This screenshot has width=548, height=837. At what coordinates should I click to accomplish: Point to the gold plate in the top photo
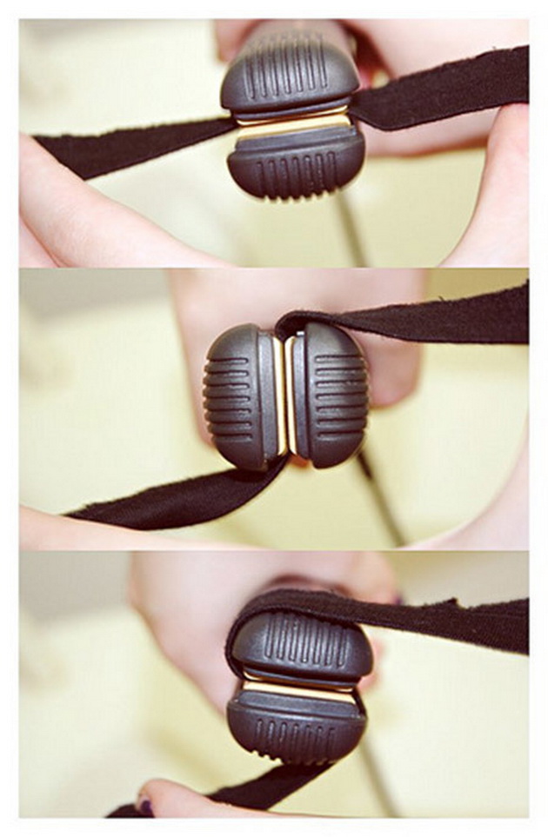[292, 124]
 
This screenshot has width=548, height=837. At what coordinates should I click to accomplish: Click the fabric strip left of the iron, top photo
[130, 142]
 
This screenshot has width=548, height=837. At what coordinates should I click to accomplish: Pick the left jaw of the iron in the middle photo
[239, 396]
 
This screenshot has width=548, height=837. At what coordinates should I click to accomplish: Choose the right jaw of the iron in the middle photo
[331, 395]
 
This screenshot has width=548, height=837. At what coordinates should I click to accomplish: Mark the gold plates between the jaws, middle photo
[284, 395]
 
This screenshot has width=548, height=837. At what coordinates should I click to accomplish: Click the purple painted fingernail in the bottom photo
[145, 807]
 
